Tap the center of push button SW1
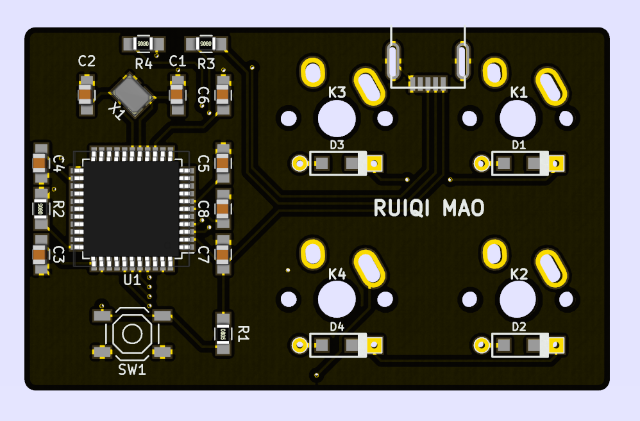[x=133, y=333]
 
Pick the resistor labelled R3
[x=206, y=44]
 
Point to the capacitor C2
[x=86, y=95]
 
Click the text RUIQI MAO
[x=429, y=208]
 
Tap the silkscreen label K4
[x=337, y=274]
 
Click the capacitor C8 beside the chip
[x=223, y=208]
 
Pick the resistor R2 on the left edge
[x=40, y=208]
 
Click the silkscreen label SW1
[x=132, y=370]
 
